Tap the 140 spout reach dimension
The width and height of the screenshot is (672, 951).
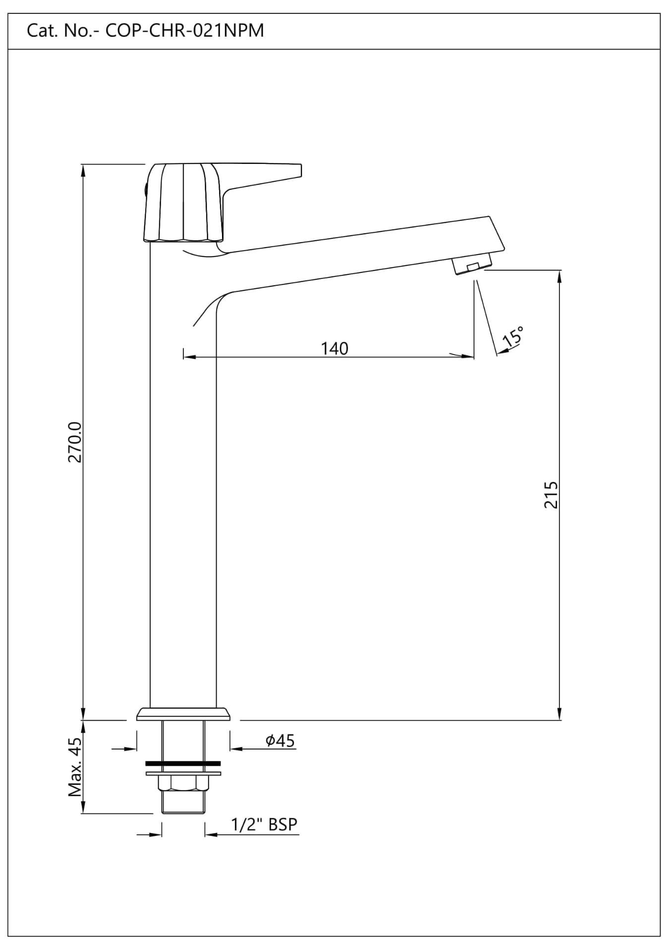click(x=335, y=348)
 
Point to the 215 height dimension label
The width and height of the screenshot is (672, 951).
click(x=551, y=494)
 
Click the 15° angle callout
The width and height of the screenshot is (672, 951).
click(x=512, y=337)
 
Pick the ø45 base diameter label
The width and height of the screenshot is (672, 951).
click(x=280, y=740)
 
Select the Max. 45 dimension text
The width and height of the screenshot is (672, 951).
click(x=75, y=767)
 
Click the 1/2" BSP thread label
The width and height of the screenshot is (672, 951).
click(x=264, y=824)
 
